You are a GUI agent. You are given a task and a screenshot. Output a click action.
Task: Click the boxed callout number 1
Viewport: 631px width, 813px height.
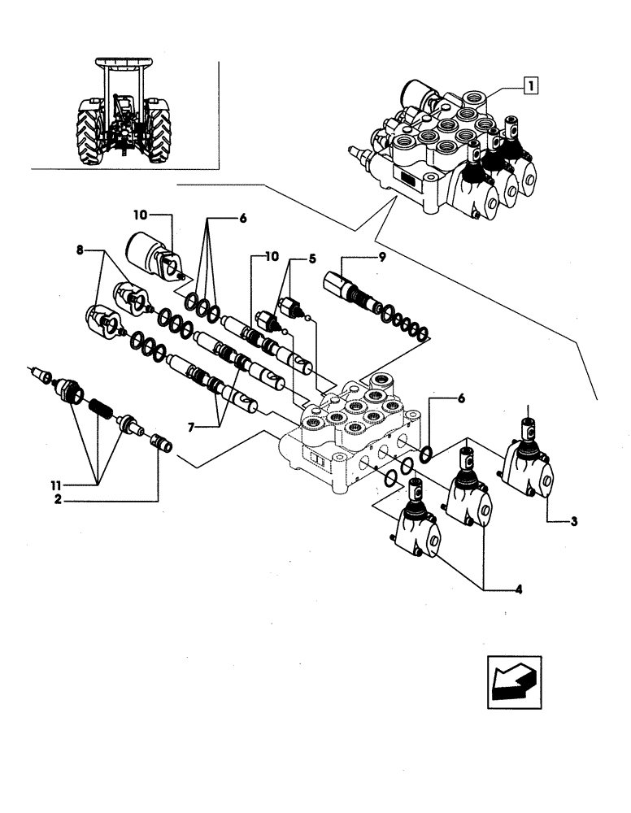(x=529, y=83)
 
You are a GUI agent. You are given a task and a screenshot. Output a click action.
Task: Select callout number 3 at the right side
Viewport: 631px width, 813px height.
(x=574, y=521)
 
